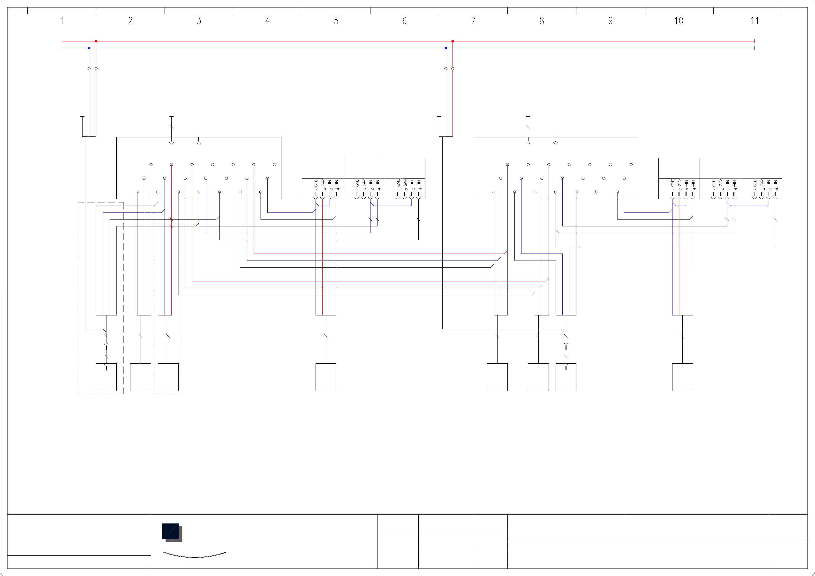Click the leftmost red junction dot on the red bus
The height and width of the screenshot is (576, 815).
(96, 41)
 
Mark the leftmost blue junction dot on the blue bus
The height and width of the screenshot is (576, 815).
(89, 48)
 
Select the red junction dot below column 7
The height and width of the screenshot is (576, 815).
(453, 41)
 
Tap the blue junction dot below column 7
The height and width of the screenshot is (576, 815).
(446, 48)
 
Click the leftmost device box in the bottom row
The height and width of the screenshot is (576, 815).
(106, 377)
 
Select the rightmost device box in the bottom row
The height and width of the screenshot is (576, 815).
(682, 377)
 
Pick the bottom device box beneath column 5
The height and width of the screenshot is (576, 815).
(326, 377)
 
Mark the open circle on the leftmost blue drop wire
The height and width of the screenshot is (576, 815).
(89, 68)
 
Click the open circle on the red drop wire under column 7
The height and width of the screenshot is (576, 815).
(453, 68)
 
